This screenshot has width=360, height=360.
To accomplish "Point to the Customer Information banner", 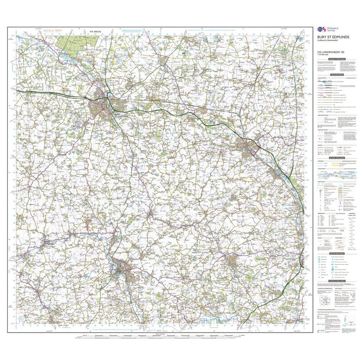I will click(x=336, y=59).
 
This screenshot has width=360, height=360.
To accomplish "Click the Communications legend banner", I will click(x=336, y=75).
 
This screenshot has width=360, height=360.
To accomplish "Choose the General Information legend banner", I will click(x=336, y=158).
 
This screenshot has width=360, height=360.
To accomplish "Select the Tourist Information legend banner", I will click(x=336, y=254).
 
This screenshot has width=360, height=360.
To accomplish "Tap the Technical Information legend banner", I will click(x=336, y=281).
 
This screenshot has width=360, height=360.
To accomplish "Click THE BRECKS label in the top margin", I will click(x=95, y=32).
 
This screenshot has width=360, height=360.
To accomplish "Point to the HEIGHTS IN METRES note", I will click(x=52, y=31).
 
